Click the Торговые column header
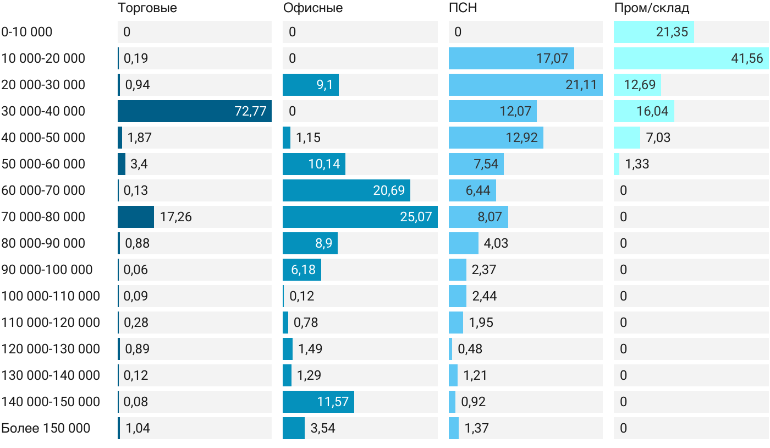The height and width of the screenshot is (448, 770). tap(147, 8)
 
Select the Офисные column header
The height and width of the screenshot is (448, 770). tap(313, 8)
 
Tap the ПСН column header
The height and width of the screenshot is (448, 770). tap(463, 8)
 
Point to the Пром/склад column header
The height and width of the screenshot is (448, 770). tap(651, 8)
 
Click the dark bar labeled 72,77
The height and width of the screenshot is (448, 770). tap(195, 111)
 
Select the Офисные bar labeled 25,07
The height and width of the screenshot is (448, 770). tap(360, 217)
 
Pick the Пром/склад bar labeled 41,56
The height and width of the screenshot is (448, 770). tap(691, 58)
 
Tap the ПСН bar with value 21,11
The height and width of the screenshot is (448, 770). tap(526, 85)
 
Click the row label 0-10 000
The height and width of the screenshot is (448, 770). tap(27, 32)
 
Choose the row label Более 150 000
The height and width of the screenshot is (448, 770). tap(46, 428)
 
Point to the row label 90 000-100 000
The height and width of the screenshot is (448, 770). tap(47, 270)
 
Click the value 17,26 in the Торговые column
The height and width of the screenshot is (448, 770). tap(175, 217)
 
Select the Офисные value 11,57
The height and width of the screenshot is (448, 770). tap(333, 402)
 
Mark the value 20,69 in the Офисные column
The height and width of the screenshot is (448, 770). tap(389, 190)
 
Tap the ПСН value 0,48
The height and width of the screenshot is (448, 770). tap(470, 349)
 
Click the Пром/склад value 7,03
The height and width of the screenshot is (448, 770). tap(658, 138)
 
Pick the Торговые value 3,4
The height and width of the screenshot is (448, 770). tap(139, 164)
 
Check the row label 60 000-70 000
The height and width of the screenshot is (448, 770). tap(43, 190)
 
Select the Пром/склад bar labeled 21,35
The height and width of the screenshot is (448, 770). tap(654, 32)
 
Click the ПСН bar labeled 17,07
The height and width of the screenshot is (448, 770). tap(511, 58)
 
